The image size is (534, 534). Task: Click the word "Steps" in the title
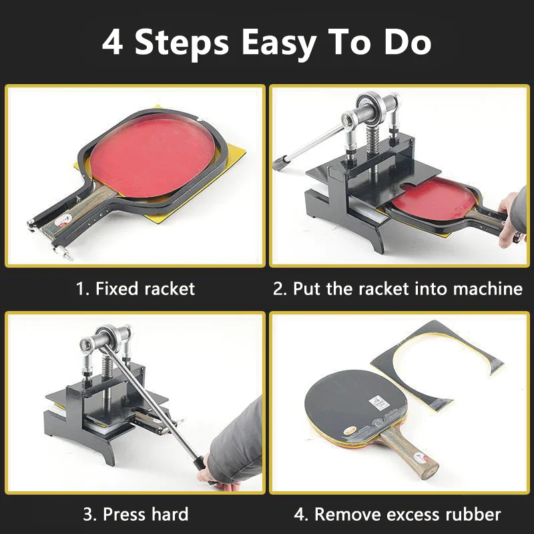[x=182, y=42]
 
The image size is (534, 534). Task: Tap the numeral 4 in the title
[x=112, y=42]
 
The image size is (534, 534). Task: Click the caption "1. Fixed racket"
[x=135, y=288]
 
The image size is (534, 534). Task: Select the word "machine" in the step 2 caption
[x=487, y=288]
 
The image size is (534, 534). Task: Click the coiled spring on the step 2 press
[x=372, y=140]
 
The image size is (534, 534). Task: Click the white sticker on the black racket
[x=379, y=403]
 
